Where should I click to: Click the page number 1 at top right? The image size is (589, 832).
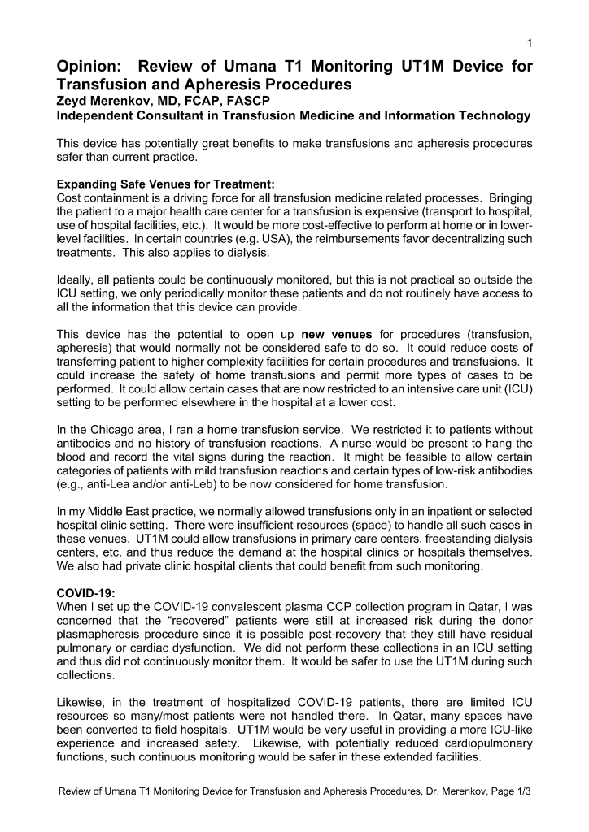[530, 43]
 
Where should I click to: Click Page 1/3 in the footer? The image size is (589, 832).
[513, 792]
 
